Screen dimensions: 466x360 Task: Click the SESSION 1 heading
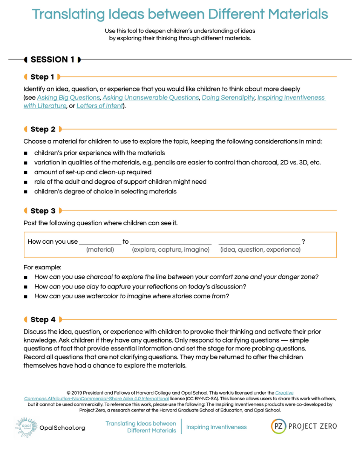point(52,60)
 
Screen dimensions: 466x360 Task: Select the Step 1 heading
point(42,77)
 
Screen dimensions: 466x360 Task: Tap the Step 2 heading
point(43,129)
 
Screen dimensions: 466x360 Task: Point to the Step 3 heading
point(43,211)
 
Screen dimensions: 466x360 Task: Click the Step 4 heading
point(43,320)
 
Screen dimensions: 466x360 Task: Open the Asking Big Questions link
point(68,98)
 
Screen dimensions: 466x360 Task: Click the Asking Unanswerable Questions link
point(150,98)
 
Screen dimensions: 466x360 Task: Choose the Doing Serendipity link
point(228,98)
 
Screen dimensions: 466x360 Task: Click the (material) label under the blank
point(100,250)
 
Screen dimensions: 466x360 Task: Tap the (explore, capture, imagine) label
point(170,250)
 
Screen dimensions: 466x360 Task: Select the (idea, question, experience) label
point(260,250)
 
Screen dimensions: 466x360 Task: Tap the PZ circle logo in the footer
point(279,426)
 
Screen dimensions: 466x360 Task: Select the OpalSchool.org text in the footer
point(62,428)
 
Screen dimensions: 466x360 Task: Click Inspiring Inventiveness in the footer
point(217,427)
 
